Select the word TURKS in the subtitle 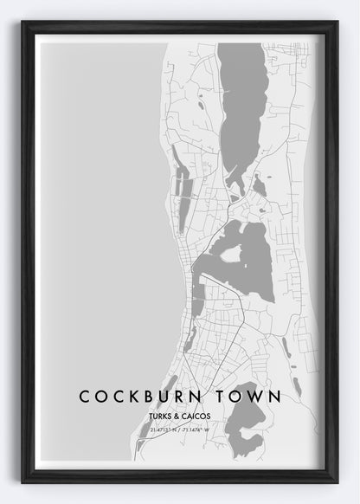pos(161,416)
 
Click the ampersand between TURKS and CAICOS pos(179,416)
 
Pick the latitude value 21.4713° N pos(164,429)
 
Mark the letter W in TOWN pos(257,397)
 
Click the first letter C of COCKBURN pos(84,397)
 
